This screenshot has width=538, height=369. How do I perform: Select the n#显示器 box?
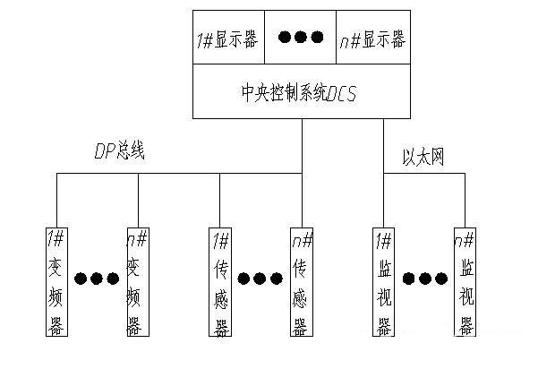pyautogui.click(x=372, y=39)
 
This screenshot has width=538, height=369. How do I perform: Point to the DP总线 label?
pyautogui.click(x=119, y=151)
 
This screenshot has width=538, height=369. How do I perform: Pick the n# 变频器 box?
pyautogui.click(x=135, y=282)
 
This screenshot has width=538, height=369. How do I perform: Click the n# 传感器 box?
pyautogui.click(x=300, y=282)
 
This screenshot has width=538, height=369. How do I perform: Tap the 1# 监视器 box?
pyautogui.click(x=383, y=282)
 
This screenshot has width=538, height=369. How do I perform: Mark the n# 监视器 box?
pyautogui.click(x=465, y=282)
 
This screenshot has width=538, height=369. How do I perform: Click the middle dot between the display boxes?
pyautogui.click(x=301, y=38)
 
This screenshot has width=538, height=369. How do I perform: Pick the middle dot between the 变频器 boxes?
pyautogui.click(x=95, y=278)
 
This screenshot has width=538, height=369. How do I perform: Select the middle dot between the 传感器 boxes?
pyautogui.click(x=260, y=278)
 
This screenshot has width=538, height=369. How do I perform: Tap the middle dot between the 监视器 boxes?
pyautogui.click(x=424, y=278)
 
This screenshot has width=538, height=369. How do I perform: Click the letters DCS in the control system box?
pyautogui.click(x=342, y=93)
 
